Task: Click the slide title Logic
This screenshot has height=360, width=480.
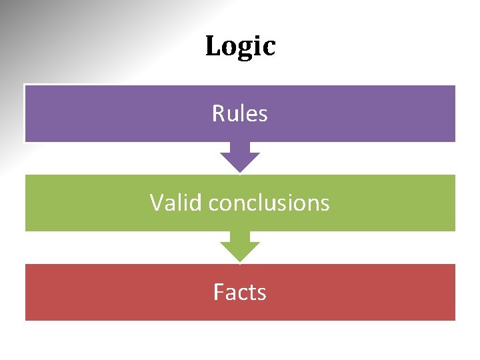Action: [240, 47]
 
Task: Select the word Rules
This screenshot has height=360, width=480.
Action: [240, 114]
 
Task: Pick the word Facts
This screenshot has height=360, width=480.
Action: [240, 292]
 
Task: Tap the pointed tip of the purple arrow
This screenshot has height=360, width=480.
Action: [240, 171]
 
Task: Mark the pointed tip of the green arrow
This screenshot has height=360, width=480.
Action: [240, 261]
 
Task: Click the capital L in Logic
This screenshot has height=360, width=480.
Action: [213, 47]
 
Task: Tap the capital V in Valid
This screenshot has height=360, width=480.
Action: [157, 202]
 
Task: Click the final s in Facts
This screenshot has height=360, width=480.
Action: [262, 293]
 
